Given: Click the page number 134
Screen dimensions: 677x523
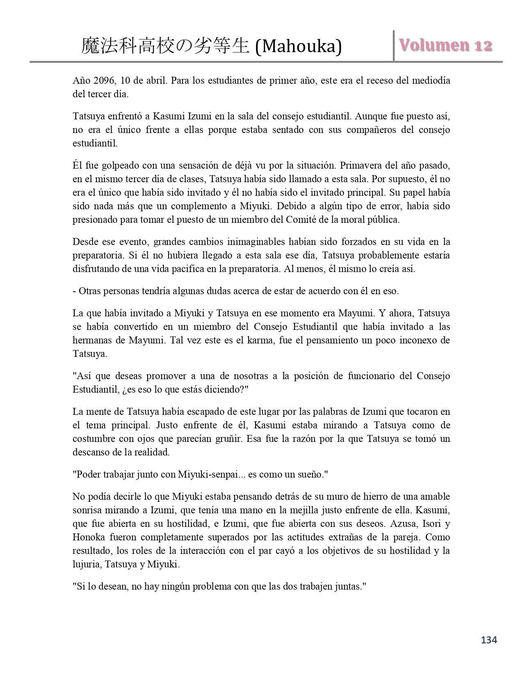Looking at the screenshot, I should tap(489, 639).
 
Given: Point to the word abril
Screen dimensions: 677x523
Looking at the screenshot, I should tap(157, 80).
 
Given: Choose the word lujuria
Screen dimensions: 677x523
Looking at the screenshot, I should tap(87, 564).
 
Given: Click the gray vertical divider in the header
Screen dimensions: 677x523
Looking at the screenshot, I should tap(394, 46).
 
